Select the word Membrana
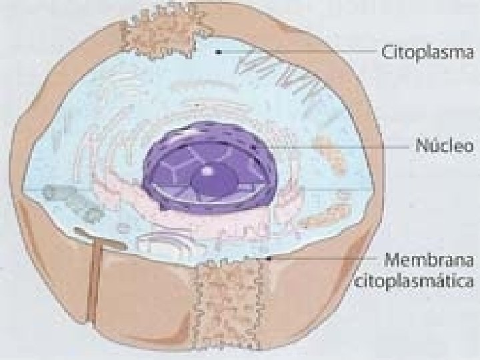pos(427,259)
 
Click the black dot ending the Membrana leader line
pos(268,257)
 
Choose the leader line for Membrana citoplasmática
pos(320,257)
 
